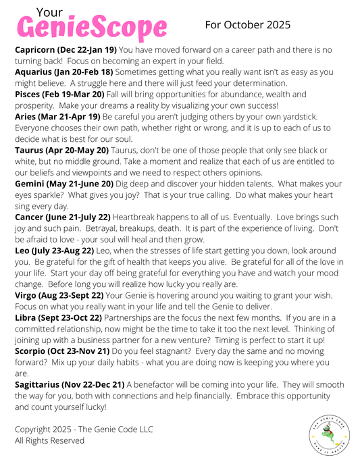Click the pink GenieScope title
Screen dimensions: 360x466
pos(92,28)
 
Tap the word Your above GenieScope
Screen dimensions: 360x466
pos(49,11)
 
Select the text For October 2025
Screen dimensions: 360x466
pos(248,25)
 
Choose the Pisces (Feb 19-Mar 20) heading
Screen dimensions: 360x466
pos(59,95)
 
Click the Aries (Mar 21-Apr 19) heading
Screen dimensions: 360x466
pos(57,117)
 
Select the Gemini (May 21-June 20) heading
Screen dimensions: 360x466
pos(66,184)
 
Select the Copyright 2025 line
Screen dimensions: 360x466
pos(83,429)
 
